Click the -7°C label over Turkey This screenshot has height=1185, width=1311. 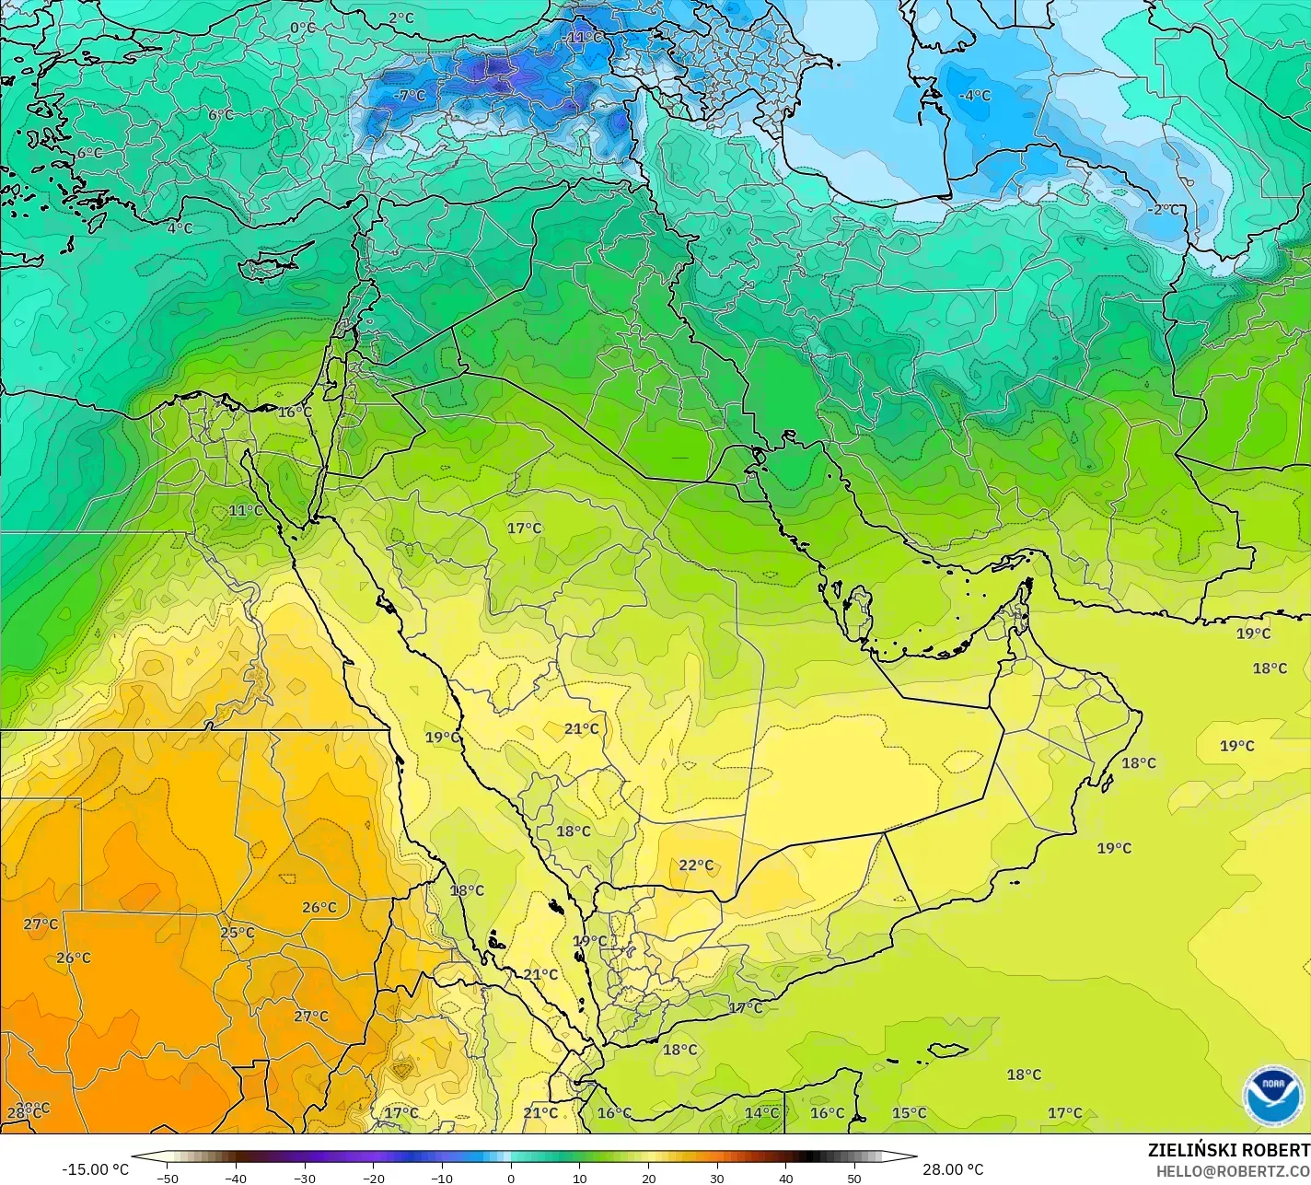[x=409, y=95]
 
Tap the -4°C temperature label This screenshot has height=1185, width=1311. [x=974, y=95]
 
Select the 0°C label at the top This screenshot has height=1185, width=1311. [x=302, y=28]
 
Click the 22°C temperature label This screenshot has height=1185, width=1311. [x=696, y=865]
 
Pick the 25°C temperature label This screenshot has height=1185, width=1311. [x=237, y=932]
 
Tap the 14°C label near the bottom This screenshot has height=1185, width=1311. [x=761, y=1112]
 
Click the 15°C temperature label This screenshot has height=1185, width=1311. [x=909, y=1112]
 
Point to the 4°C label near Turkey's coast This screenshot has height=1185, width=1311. [x=180, y=227]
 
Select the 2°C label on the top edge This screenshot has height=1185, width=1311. [x=400, y=17]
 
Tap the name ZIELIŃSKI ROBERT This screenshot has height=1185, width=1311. [x=1228, y=1150]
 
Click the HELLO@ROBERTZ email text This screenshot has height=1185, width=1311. [x=1233, y=1170]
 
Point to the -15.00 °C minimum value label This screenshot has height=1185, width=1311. [x=95, y=1169]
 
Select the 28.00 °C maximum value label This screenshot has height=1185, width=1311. [x=954, y=1169]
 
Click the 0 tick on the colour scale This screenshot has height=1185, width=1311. [x=511, y=1178]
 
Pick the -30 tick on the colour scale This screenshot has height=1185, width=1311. [x=305, y=1178]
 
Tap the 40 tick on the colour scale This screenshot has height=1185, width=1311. [x=785, y=1178]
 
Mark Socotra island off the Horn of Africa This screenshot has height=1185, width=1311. [x=947, y=1051]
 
